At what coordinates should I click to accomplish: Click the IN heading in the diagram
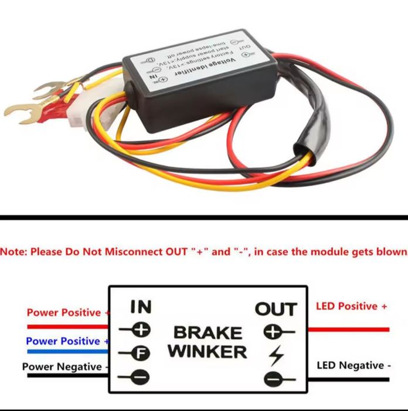pyautogui.click(x=140, y=306)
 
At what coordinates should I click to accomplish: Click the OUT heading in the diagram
pyautogui.click(x=276, y=308)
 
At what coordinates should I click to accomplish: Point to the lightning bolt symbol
pyautogui.click(x=273, y=356)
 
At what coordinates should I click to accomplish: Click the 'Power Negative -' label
pyautogui.click(x=65, y=367)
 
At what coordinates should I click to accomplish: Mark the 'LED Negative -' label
pyautogui.click(x=353, y=365)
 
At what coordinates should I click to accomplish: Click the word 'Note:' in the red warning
pyautogui.click(x=13, y=252)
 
